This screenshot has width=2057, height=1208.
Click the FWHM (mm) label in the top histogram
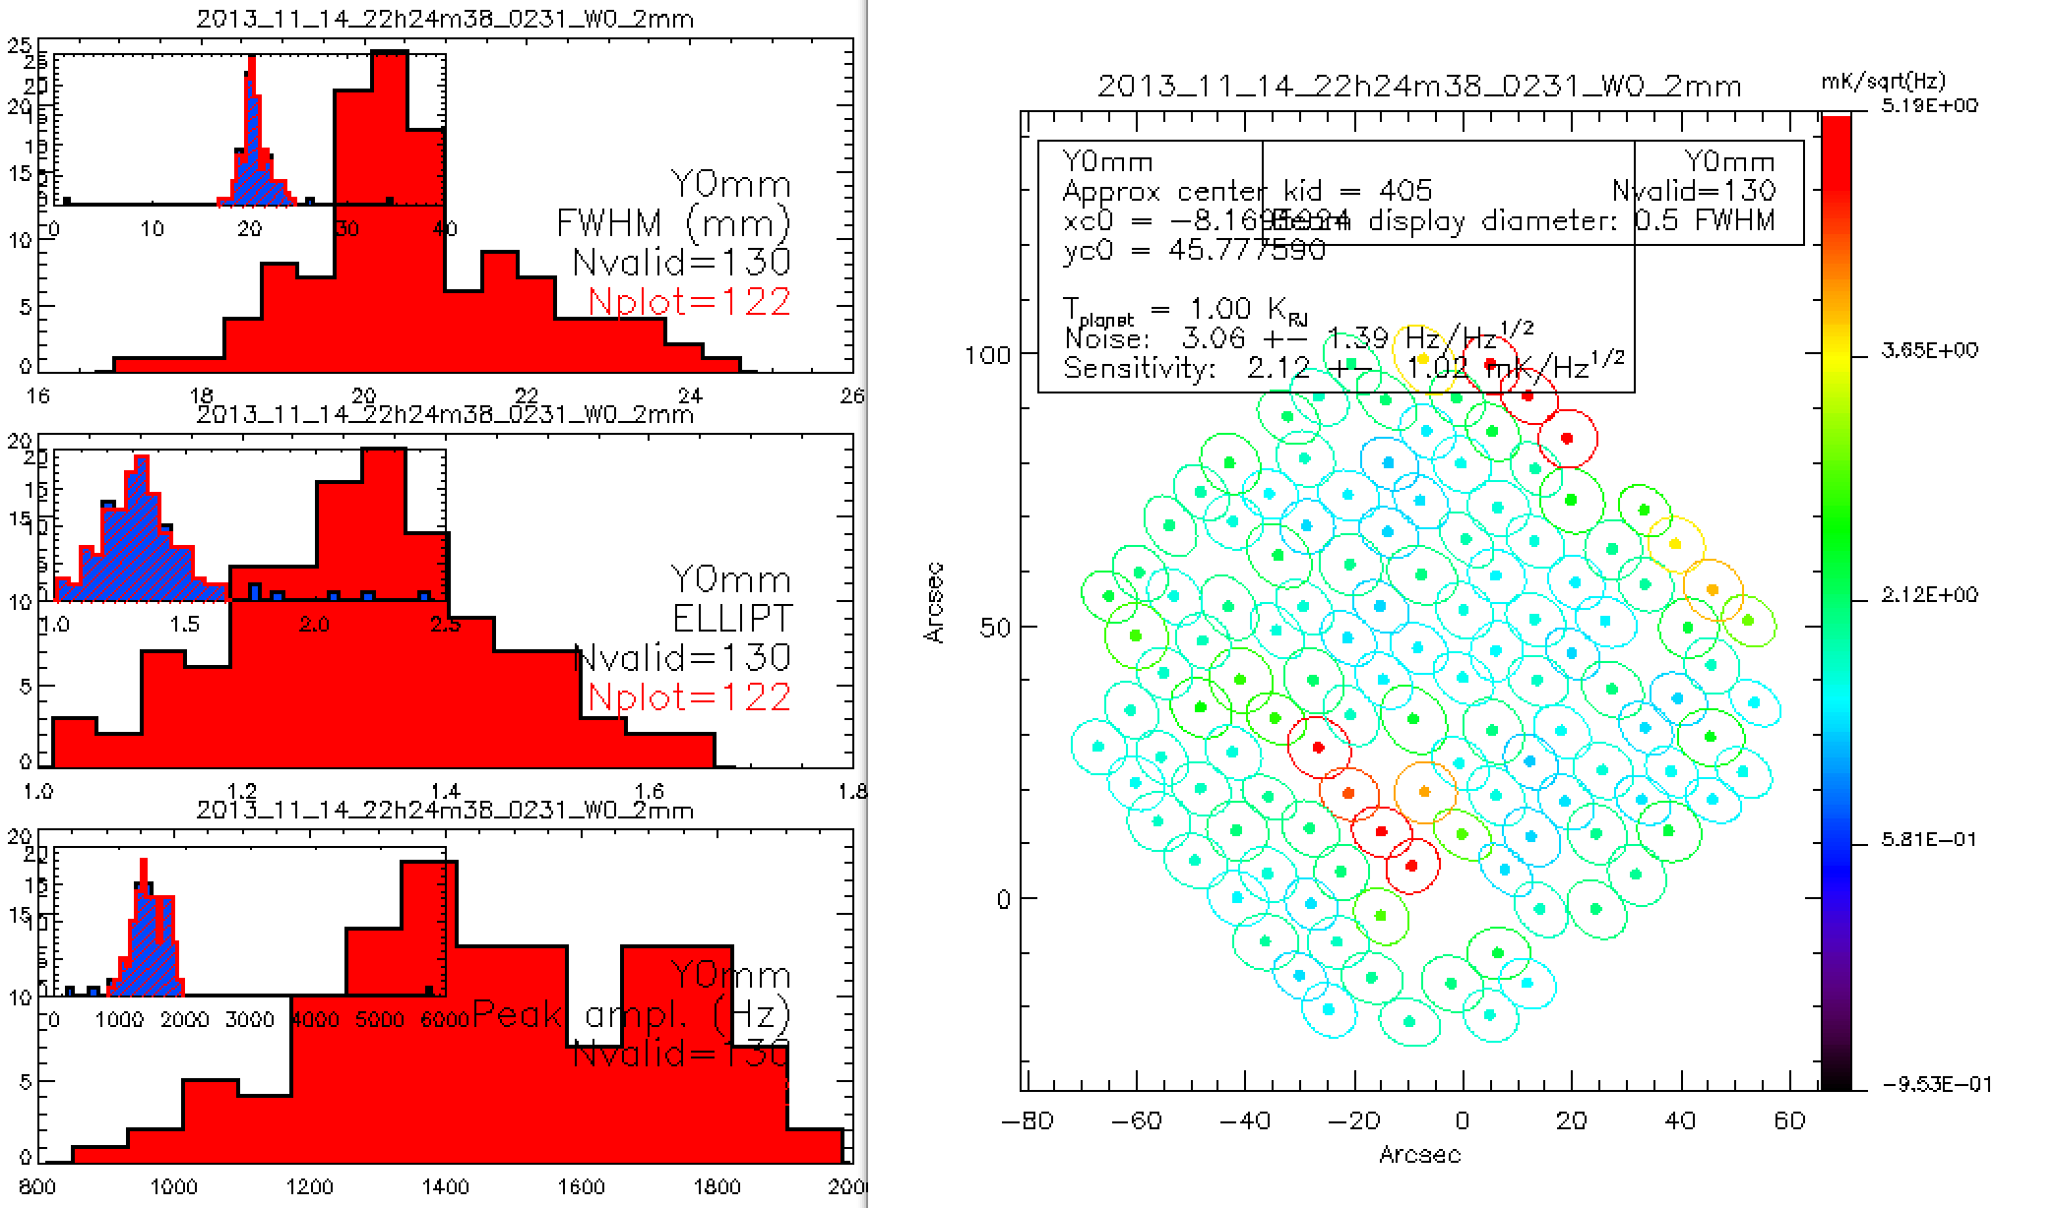[673, 223]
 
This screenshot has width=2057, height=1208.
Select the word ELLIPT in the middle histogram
[732, 618]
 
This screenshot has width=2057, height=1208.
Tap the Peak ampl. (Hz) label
[631, 1014]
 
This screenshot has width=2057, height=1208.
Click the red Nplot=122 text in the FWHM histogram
[689, 301]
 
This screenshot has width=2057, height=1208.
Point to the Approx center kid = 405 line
[1247, 190]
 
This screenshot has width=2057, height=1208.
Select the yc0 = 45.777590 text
[1194, 250]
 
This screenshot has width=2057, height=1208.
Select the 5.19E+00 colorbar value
[1928, 105]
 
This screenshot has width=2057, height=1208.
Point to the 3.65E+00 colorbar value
[1928, 350]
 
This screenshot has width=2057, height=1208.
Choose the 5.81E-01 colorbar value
[1928, 840]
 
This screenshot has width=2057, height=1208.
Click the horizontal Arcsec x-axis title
[1419, 1154]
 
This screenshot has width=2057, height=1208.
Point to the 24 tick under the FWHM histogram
[692, 395]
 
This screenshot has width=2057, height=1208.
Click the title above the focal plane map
[1419, 86]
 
